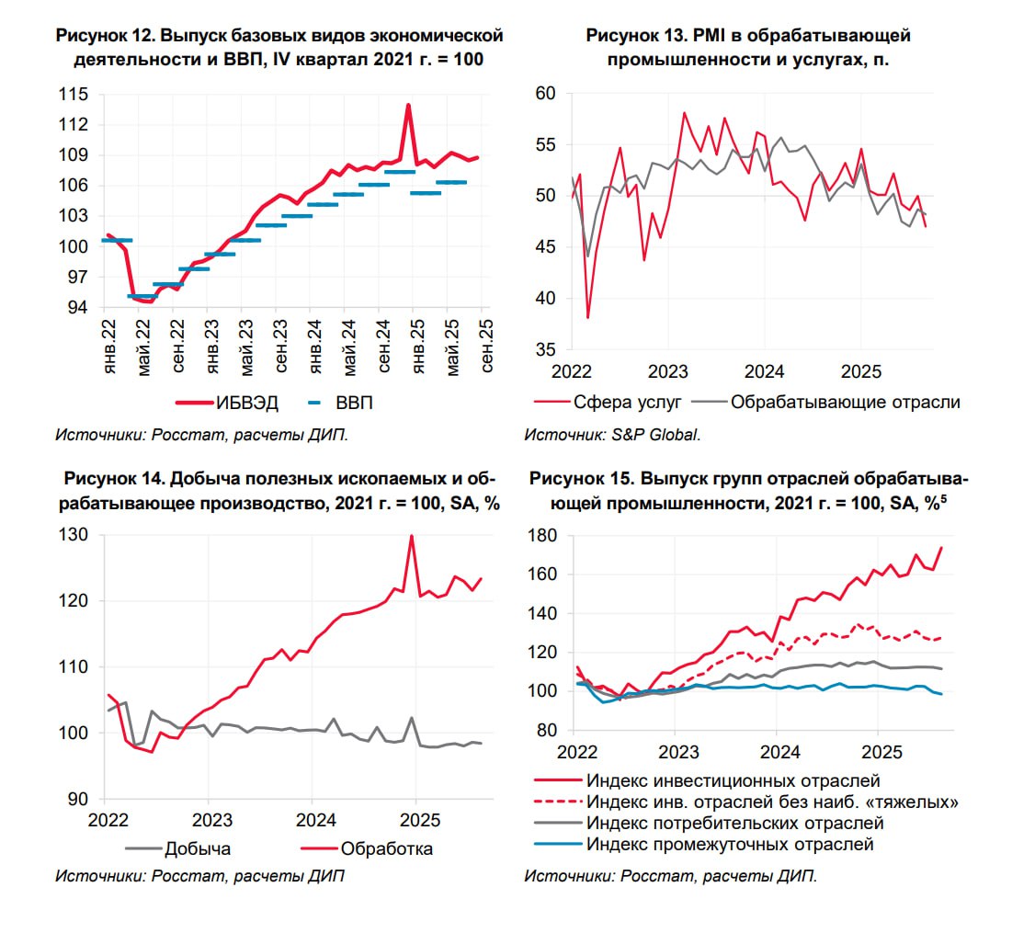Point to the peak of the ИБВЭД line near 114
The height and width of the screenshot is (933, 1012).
tap(408, 105)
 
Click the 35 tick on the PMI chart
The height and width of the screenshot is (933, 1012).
tap(545, 349)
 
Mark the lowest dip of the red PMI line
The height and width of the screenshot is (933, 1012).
tap(587, 317)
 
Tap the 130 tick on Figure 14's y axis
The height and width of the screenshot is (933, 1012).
tap(74, 535)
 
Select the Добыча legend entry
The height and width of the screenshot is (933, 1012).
tap(197, 848)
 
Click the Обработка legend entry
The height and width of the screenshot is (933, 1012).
tap(386, 848)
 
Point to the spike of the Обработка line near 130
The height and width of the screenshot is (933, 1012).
tap(412, 536)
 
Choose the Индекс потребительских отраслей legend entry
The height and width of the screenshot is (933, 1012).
tap(734, 824)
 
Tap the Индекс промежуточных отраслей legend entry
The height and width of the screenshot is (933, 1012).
tap(730, 845)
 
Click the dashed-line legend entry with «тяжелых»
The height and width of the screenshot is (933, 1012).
tap(773, 802)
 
